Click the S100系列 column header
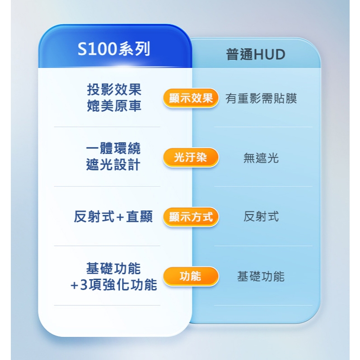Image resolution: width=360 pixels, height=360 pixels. [114, 49]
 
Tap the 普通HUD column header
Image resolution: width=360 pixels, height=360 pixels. [256, 55]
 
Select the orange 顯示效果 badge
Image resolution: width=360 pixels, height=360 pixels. [191, 98]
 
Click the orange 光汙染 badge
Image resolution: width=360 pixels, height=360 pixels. [191, 158]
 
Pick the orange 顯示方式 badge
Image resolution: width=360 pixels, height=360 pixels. [191, 217]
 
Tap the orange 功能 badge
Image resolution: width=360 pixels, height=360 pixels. [191, 276]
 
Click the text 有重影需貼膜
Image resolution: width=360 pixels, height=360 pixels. [261, 98]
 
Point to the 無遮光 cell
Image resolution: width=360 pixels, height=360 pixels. [261, 158]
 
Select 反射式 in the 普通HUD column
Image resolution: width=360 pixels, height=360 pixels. [261, 217]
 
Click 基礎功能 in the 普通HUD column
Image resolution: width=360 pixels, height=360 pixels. [261, 276]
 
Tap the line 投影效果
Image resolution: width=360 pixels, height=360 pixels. [114, 89]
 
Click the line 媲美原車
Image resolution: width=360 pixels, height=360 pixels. [114, 106]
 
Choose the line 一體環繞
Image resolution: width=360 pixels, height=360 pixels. [113, 148]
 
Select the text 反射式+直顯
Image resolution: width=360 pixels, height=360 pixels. [113, 217]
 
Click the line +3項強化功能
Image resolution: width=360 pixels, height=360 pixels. [113, 285]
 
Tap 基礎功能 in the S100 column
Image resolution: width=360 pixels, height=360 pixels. [113, 269]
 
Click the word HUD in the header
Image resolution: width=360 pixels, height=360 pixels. [270, 55]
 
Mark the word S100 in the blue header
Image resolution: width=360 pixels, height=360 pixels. [97, 49]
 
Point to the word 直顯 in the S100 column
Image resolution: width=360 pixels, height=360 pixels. [140, 217]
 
